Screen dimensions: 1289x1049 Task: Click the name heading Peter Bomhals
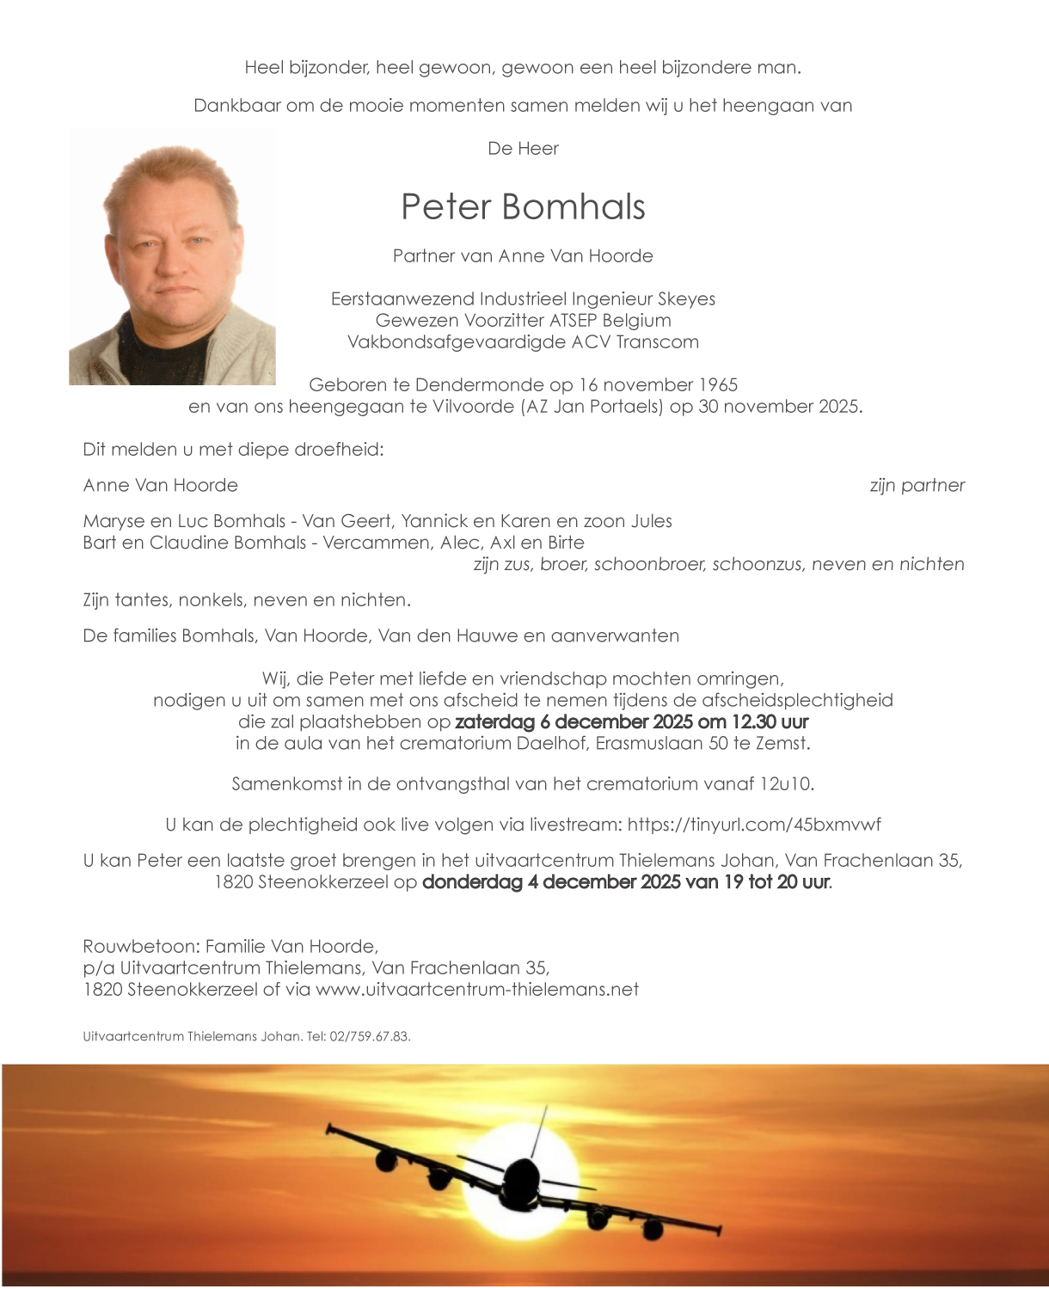click(523, 207)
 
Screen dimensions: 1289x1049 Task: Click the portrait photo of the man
click(172, 256)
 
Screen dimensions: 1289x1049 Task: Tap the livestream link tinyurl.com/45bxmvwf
click(754, 825)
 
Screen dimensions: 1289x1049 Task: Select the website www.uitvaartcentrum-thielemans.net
click(477, 990)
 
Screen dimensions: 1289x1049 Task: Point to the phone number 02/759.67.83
click(370, 1037)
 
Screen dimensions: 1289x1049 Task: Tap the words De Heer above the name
click(523, 149)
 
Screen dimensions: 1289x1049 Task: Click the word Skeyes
click(686, 299)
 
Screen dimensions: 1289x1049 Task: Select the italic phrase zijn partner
click(917, 486)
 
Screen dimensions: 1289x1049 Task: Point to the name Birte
click(565, 543)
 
